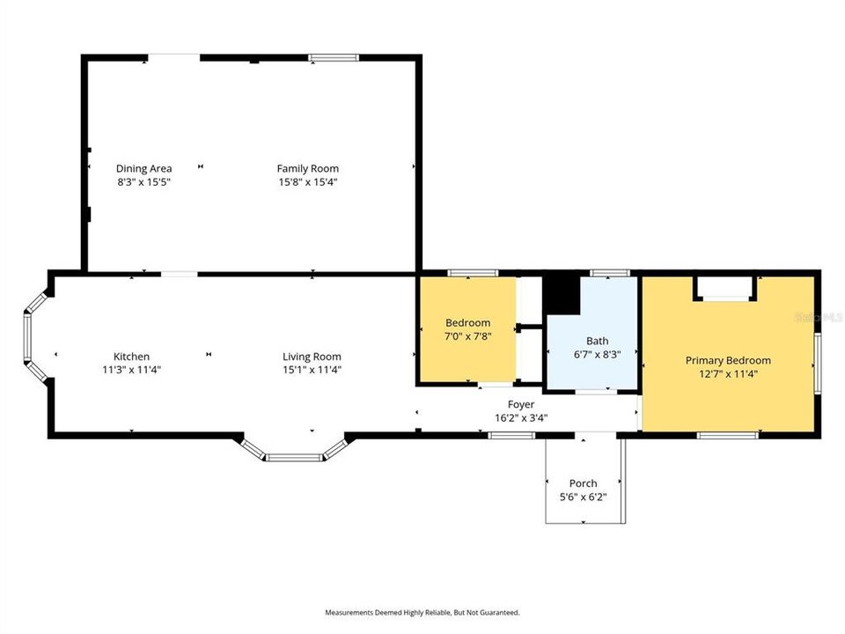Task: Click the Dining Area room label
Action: point(144,168)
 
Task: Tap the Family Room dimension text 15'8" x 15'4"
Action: point(307,182)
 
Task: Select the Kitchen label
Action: point(131,357)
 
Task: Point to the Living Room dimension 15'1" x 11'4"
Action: point(312,370)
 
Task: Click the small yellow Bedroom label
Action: point(467,322)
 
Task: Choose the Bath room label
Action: point(597,341)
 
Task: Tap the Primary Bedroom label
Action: point(728,360)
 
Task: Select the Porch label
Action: point(583,483)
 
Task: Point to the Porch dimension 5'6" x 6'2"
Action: point(583,497)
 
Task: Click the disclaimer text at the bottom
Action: point(422,612)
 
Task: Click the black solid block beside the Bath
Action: point(561,295)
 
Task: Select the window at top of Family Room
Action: point(334,58)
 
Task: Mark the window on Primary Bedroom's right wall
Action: point(818,362)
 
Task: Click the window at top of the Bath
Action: point(607,273)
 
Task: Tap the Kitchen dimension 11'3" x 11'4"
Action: point(131,370)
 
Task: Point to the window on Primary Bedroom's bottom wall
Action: point(728,434)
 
